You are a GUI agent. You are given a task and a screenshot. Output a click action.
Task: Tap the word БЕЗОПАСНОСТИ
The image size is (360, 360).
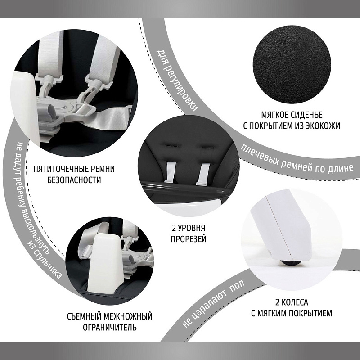(74, 180)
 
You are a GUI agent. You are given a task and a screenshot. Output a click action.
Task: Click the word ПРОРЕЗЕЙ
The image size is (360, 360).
(189, 239)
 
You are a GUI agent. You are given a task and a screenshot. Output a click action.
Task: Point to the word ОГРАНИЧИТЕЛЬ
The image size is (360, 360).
(110, 327)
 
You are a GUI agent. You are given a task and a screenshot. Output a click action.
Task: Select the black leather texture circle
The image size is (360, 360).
(292, 65)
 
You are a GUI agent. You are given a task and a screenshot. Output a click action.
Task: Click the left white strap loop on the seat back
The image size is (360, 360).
(170, 172)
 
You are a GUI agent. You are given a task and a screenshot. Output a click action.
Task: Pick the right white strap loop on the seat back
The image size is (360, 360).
(203, 174)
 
